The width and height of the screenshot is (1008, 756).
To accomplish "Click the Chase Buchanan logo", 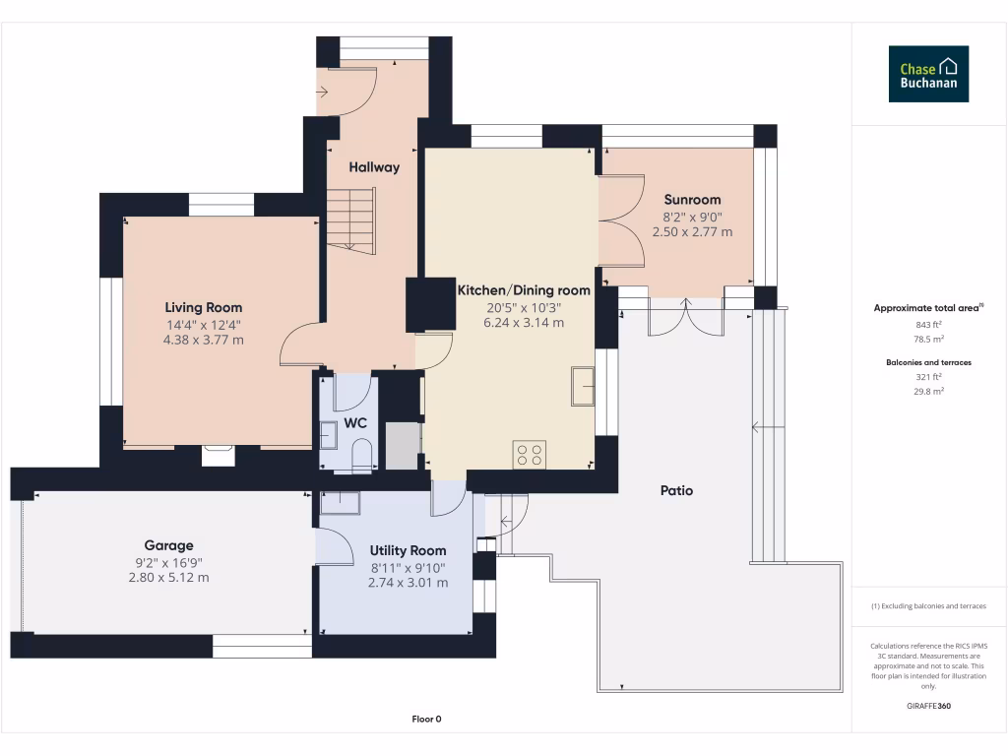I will (928, 74).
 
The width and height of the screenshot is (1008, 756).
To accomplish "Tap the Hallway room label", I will (375, 167).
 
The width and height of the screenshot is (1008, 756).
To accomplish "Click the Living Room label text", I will (204, 308).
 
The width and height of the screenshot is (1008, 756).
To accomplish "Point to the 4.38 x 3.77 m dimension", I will (204, 340).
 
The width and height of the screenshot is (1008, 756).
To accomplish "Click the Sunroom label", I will (692, 200).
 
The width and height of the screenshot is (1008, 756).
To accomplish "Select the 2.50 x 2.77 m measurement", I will (692, 232).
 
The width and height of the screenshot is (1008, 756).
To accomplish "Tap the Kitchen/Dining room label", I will (524, 290).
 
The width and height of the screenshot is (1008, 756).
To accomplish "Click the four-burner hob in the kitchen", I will (529, 454).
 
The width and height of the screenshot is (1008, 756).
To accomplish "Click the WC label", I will (355, 423).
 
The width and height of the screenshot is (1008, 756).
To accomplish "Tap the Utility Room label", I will (408, 550).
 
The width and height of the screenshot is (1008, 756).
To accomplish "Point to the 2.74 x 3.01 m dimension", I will (408, 583).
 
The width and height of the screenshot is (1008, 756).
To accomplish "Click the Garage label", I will (169, 545).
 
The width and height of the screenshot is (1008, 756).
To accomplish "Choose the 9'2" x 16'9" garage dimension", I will (169, 562).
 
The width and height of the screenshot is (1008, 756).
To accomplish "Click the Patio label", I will (676, 490).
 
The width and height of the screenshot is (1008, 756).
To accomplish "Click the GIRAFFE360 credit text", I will (928, 706).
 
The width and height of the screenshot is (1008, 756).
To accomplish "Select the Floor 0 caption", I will (426, 720).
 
